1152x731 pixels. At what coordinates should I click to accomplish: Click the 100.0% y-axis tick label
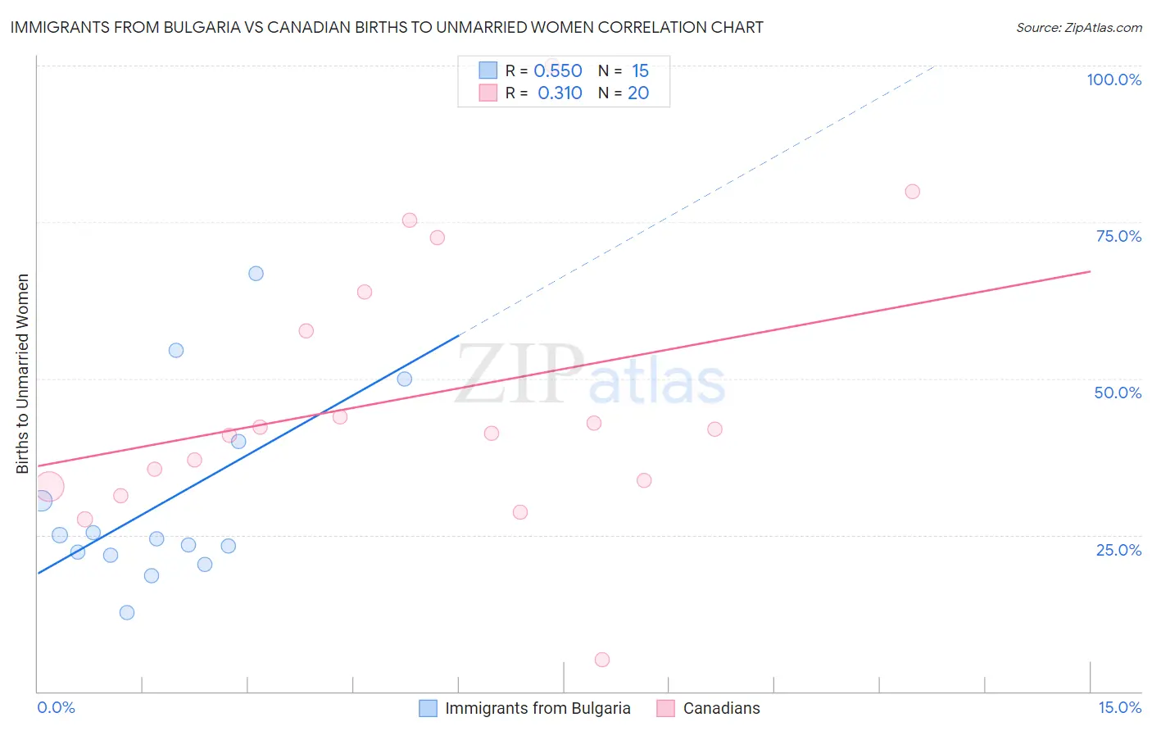tap(1113, 79)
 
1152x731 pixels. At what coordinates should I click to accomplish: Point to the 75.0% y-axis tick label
tap(1118, 236)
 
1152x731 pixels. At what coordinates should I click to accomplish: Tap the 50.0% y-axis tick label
tap(1118, 393)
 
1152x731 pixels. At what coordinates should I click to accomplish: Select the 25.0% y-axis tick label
tap(1118, 550)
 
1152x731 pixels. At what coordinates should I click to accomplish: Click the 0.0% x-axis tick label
tap(56, 708)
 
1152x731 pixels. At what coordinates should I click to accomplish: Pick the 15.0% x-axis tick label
tap(1119, 708)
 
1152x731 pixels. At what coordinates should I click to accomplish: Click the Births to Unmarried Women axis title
tap(23, 374)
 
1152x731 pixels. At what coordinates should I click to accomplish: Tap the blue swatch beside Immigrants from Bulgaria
tap(428, 708)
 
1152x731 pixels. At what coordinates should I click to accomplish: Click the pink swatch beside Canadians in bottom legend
tap(665, 708)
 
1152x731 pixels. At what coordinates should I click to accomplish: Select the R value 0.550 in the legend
tap(558, 71)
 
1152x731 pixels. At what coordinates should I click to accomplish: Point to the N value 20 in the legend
tap(638, 93)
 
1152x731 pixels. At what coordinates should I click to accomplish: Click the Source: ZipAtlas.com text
tap(1079, 28)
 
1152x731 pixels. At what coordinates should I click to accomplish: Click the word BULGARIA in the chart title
tap(202, 28)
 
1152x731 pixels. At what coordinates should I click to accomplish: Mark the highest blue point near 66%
tap(256, 274)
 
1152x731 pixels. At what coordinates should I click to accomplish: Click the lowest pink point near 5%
tap(602, 660)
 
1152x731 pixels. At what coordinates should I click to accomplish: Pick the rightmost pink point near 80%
tap(912, 192)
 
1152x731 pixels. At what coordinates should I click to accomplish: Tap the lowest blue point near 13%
tap(127, 612)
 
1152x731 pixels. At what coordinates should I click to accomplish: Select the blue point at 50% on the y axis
tap(404, 379)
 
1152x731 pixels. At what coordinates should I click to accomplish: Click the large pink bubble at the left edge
tap(48, 487)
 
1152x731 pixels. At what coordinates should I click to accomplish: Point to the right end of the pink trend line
tap(1090, 271)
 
